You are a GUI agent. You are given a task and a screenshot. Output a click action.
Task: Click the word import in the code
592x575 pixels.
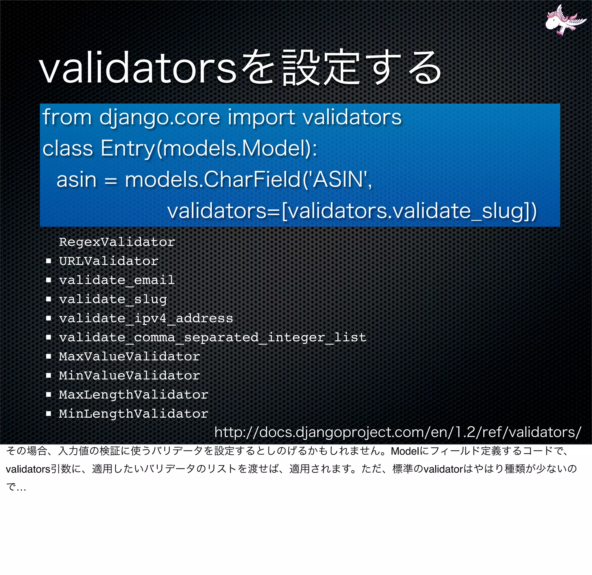[x=261, y=117]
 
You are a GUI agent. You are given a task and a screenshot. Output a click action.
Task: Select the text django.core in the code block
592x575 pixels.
[x=160, y=117]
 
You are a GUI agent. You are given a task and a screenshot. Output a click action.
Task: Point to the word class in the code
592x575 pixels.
[x=68, y=148]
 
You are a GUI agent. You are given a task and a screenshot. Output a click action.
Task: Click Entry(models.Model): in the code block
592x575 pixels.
[x=209, y=148]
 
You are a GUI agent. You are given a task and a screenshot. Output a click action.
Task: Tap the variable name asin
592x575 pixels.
[x=76, y=180]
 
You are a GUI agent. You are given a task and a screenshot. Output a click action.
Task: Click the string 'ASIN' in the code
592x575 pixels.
[x=338, y=180]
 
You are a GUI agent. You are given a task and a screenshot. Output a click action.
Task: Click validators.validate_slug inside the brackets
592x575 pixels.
[x=406, y=211]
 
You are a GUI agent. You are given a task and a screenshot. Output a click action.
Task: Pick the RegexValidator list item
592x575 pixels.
[x=117, y=242]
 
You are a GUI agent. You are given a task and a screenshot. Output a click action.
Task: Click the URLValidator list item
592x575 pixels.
[x=108, y=261]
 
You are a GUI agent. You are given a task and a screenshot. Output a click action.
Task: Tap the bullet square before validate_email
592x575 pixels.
[x=49, y=280]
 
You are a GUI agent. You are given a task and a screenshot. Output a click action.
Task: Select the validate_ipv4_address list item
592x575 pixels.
[x=146, y=318]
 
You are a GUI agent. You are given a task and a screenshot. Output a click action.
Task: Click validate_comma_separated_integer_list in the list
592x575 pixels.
[x=213, y=337]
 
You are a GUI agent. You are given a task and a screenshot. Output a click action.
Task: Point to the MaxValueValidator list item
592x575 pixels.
[x=129, y=356]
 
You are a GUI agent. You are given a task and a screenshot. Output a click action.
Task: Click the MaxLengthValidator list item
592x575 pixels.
[x=134, y=394]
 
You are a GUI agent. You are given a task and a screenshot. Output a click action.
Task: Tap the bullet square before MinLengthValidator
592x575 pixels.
[x=49, y=413]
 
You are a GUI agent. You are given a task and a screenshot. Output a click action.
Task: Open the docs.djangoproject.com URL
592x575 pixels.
[x=397, y=432]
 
